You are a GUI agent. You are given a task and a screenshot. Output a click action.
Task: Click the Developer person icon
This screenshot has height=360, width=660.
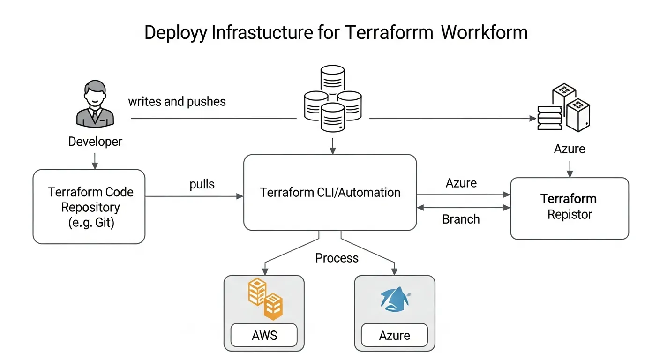coord(95,104)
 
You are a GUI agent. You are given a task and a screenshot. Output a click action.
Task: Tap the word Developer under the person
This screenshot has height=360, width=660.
coord(95,141)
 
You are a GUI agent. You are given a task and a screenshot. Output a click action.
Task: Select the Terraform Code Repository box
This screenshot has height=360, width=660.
coord(89,207)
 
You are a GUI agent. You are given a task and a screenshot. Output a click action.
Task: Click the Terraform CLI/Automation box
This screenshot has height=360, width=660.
coord(330,193)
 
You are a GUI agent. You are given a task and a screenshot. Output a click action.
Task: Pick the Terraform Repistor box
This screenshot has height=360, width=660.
coord(569,208)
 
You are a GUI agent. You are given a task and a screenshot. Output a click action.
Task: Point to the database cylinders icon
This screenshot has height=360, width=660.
coord(333,99)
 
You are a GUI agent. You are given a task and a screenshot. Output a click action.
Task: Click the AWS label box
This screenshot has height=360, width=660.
coord(264,335)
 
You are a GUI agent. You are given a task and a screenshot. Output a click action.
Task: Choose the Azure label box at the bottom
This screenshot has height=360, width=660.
coord(394,335)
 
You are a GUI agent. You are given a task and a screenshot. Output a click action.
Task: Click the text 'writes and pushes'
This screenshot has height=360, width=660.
coord(177,101)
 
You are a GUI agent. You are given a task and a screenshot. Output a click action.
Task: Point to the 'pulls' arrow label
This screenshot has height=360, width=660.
coord(202,184)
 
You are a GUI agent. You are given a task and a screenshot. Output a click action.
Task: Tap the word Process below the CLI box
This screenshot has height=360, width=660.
coord(337,258)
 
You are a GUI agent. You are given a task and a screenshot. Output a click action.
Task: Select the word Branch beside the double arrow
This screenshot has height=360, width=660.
coord(461,219)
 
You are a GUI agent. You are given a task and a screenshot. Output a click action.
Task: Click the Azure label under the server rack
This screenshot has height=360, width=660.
coord(570,149)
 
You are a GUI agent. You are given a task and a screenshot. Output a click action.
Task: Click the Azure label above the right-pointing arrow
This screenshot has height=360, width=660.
coord(461,183)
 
